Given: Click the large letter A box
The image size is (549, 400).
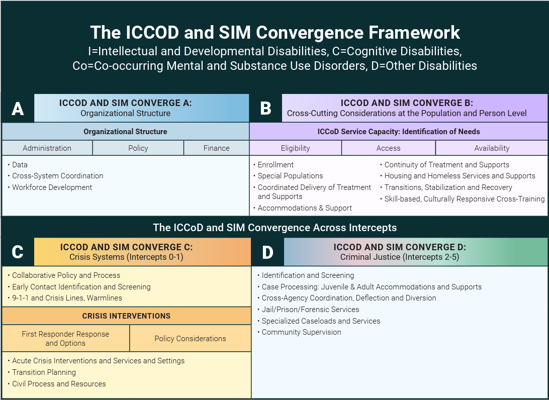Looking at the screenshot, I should click(18, 108).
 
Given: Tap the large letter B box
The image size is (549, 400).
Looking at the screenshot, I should click(265, 108).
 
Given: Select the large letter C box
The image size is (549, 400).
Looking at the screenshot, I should click(18, 252).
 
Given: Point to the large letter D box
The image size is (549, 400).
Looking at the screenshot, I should click(267, 252).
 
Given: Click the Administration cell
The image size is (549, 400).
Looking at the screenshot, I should click(47, 148).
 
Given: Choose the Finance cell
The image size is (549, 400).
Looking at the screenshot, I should click(216, 148).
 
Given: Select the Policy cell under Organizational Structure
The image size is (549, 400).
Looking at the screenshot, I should click(138, 148).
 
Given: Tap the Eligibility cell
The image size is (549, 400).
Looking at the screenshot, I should click(295, 148).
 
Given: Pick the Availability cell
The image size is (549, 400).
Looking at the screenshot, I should click(492, 148).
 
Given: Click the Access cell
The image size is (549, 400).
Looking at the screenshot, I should click(388, 148).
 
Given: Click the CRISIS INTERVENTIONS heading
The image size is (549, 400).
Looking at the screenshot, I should click(126, 316).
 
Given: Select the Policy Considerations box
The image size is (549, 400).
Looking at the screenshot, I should click(190, 339).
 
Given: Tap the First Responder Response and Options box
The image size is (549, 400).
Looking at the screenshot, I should click(65, 339).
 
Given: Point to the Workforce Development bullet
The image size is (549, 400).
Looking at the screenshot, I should click(52, 187).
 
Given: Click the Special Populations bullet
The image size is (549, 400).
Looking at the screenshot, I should click(290, 176).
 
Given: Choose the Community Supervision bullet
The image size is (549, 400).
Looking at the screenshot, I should click(301, 332).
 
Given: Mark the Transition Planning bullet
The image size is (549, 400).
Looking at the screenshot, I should click(44, 372).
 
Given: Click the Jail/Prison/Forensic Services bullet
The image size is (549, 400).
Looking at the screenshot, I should click(310, 310).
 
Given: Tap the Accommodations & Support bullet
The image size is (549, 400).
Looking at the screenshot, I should click(305, 208).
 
